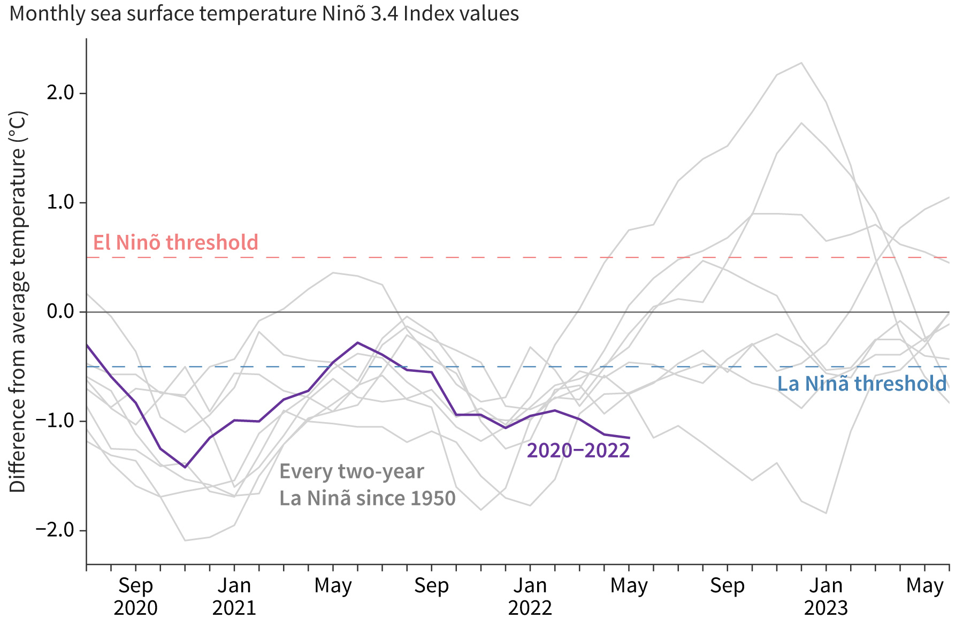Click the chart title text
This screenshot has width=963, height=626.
[264, 13]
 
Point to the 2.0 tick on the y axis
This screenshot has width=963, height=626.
[60, 93]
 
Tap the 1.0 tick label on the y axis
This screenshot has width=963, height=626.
[60, 203]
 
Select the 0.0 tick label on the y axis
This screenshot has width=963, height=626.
[60, 311]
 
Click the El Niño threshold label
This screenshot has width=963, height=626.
[175, 243]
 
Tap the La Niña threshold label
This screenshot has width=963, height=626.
[861, 384]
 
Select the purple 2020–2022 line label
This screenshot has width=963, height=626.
[578, 451]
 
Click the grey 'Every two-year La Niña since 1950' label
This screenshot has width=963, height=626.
[367, 485]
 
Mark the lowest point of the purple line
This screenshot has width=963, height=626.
[185, 468]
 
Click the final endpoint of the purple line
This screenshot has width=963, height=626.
[629, 438]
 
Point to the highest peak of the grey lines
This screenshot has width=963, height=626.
[801, 63]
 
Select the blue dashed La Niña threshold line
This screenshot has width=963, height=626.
[481, 367]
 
